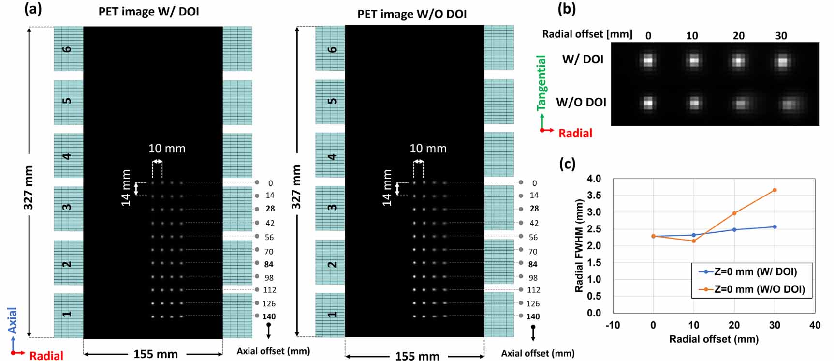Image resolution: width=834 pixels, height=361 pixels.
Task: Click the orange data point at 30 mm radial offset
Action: pos(775,190)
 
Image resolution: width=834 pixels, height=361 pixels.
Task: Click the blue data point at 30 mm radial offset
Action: pos(775,227)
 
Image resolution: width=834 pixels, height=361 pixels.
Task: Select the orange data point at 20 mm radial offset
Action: pos(734,213)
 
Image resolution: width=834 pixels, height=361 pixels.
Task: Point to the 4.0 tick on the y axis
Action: pos(594,179)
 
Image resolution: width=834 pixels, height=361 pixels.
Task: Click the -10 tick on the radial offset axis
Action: pos(613,325)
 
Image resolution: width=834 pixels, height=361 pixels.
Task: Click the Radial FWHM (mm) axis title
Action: pos(579,245)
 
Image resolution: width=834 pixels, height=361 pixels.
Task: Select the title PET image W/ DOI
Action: pos(149,12)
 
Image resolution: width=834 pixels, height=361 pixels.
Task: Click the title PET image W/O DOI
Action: pos(412,14)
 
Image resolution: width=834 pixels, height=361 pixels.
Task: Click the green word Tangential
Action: pos(541,83)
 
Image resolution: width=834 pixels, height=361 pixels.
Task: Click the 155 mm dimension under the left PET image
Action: pos(156,354)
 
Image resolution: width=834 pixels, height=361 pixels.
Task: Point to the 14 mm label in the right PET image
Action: pos(387,188)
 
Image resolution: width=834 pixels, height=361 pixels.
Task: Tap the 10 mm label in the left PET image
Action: pos(167,149)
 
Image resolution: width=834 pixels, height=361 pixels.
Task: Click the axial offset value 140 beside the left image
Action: pos(269,316)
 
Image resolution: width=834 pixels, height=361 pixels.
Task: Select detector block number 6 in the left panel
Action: pos(67,49)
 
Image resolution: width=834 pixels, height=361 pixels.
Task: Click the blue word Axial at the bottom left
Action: pos(12,320)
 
